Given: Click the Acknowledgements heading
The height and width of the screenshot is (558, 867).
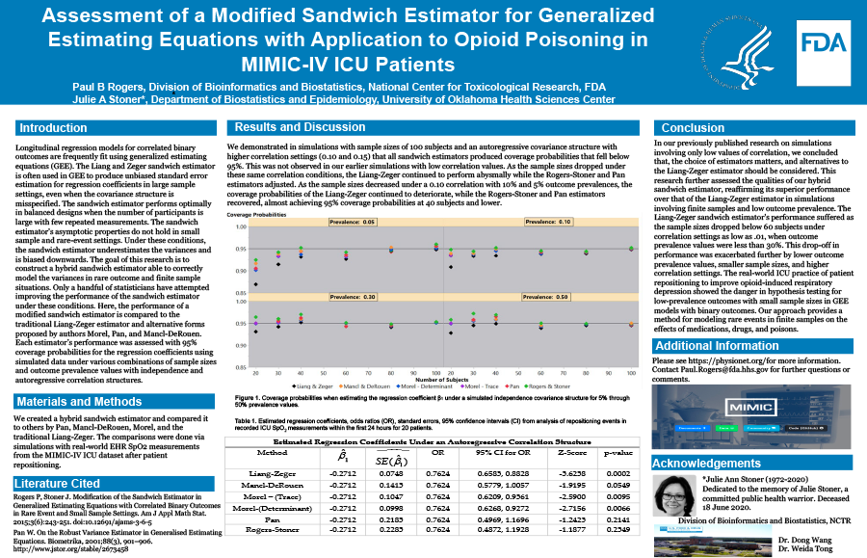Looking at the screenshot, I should click(x=713, y=463).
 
